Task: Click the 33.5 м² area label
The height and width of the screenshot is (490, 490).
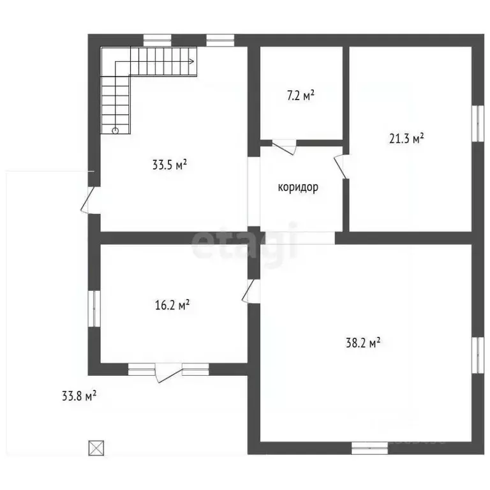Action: (170, 165)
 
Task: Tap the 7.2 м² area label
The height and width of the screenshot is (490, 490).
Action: (301, 95)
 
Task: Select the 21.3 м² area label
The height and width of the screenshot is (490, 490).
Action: (406, 138)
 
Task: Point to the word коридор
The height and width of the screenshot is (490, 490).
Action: (298, 187)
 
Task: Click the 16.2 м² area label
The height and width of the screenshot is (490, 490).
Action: (172, 305)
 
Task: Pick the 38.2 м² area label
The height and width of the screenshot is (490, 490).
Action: (363, 343)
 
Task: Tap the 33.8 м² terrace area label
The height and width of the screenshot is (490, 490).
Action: (79, 396)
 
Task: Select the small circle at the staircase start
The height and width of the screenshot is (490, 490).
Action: (115, 131)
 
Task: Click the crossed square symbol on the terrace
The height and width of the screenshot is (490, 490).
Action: (96, 448)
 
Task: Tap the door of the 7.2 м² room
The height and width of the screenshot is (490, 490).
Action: (284, 147)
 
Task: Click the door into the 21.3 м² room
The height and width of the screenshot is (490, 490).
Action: (341, 167)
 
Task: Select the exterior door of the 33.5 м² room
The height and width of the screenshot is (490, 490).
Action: (88, 200)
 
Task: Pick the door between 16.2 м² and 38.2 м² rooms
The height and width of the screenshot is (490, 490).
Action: (251, 291)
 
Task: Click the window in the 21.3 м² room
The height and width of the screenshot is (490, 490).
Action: (477, 123)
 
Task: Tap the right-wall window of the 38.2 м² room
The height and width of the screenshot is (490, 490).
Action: (477, 355)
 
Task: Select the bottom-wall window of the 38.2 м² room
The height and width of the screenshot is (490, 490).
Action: (369, 448)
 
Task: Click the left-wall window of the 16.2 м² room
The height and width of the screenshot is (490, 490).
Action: (94, 309)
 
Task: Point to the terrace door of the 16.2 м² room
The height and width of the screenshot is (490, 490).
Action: (168, 373)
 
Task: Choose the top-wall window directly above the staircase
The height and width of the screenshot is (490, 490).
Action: (158, 41)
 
